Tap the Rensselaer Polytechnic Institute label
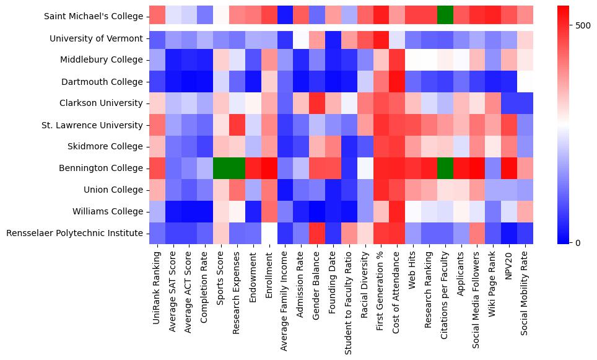pyautogui.click(x=75, y=234)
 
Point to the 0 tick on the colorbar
pyautogui.click(x=578, y=242)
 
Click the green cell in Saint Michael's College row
pyautogui.click(x=445, y=16)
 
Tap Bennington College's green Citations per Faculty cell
pyautogui.click(x=445, y=168)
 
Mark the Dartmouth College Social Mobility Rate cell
pyautogui.click(x=525, y=81)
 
